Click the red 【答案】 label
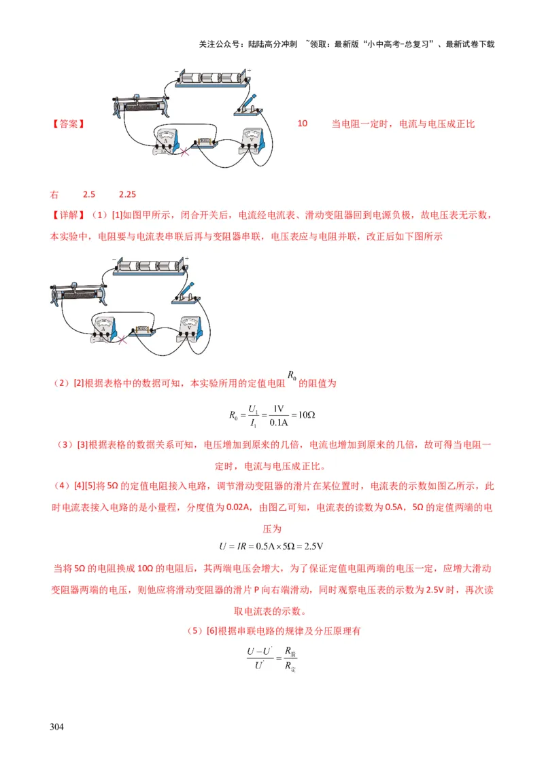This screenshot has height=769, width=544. click(x=68, y=124)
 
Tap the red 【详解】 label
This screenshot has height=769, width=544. click(x=68, y=215)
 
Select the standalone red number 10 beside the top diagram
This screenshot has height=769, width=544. click(x=303, y=124)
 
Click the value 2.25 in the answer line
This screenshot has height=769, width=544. click(x=127, y=194)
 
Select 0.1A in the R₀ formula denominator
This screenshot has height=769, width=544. click(x=277, y=423)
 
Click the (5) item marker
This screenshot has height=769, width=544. click(x=195, y=631)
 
